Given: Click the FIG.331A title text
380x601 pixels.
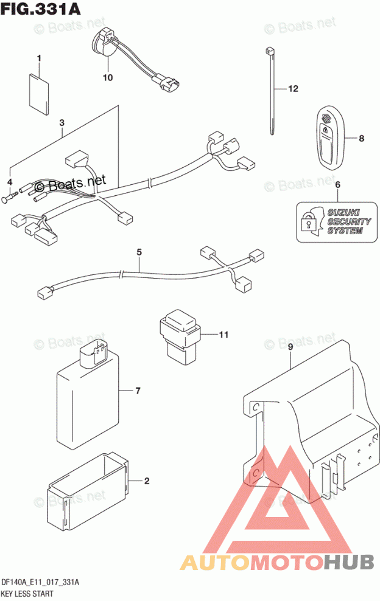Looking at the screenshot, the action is click(x=41, y=9).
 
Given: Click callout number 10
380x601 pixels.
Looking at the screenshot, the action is click(x=108, y=77).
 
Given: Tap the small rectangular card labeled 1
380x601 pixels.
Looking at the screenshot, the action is click(x=40, y=89).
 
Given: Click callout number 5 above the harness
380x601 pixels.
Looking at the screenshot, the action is click(x=139, y=252).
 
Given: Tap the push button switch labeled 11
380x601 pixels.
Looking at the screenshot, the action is click(x=178, y=334).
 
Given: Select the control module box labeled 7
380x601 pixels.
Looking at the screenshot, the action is click(x=88, y=395).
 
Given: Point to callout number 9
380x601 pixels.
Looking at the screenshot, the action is click(x=290, y=347).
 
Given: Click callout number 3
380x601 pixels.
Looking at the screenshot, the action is click(x=62, y=123).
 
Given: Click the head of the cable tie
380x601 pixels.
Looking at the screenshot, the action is click(x=269, y=50).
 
